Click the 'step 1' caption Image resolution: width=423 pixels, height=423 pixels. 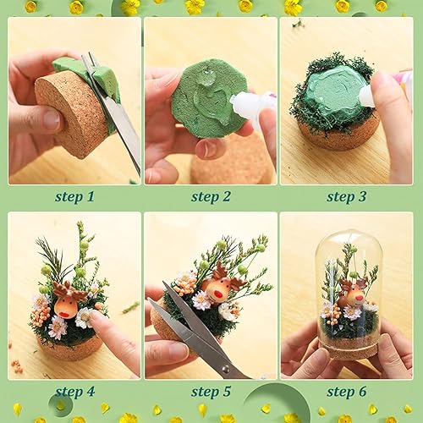[74, 196]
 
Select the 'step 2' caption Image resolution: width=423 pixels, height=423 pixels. [210, 196]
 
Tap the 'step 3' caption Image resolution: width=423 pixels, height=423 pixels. [346, 196]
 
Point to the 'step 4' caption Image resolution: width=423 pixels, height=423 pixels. [74, 391]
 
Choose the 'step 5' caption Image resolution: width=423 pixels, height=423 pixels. [210, 391]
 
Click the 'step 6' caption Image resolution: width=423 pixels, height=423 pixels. [346, 391]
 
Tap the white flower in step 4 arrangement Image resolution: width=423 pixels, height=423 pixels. [58, 326]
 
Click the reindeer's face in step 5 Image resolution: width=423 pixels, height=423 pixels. [217, 289]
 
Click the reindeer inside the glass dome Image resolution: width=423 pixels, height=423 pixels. [352, 294]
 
